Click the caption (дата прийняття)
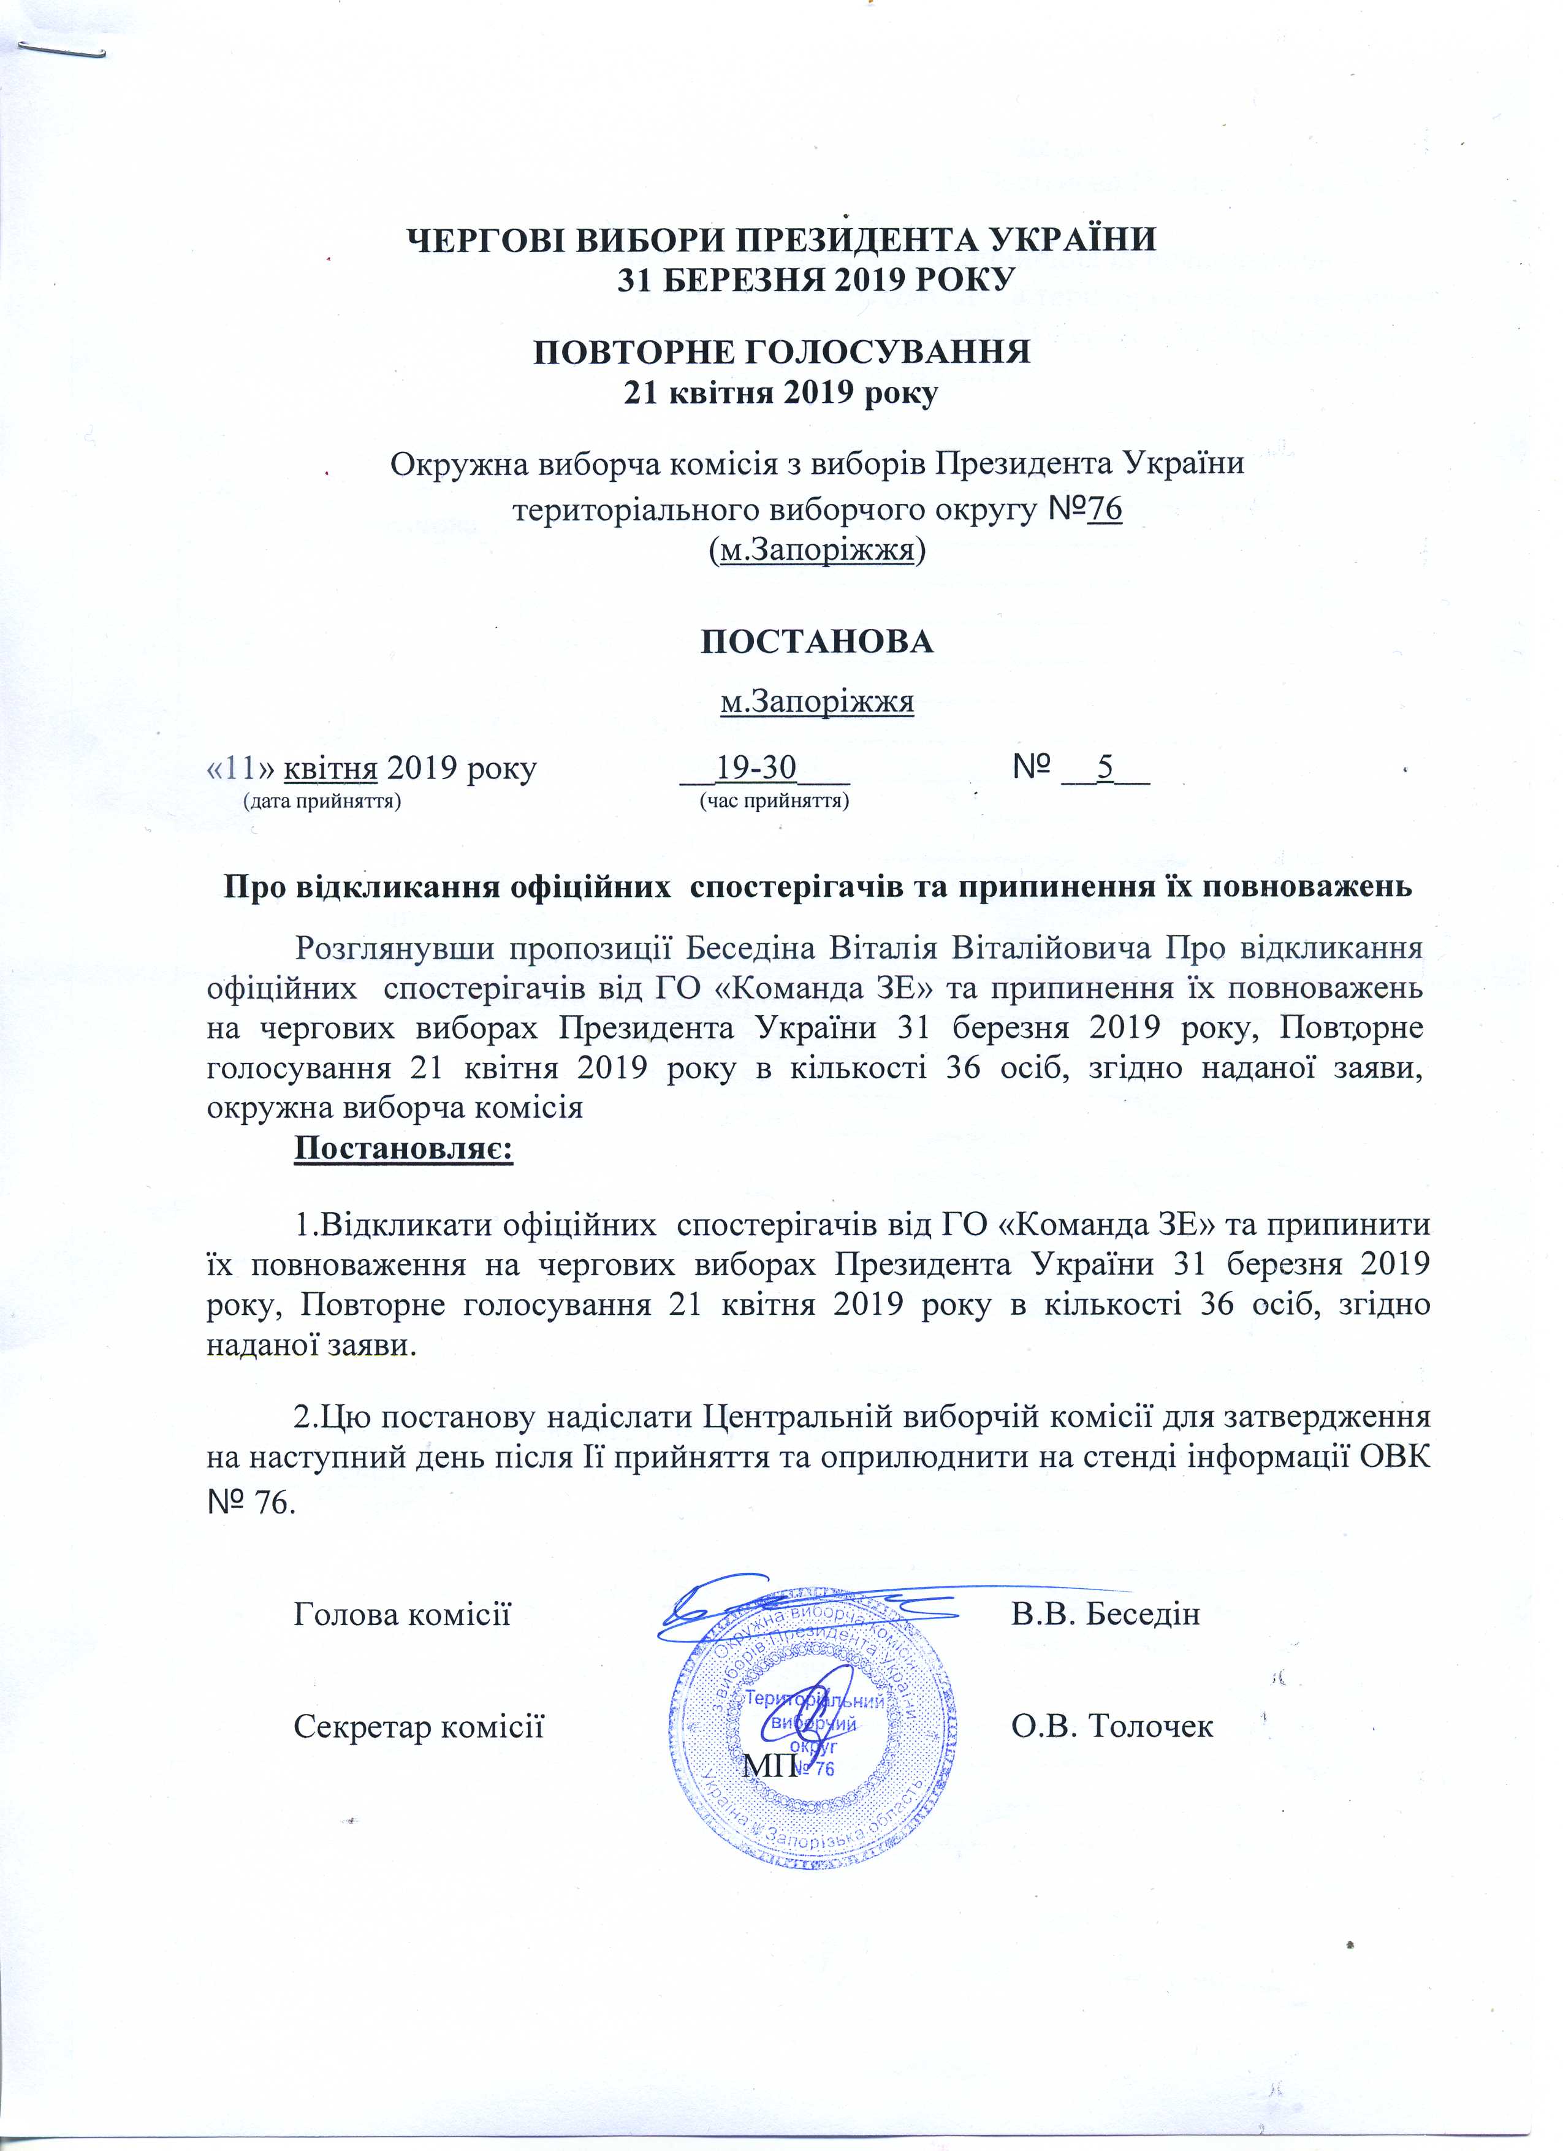(322, 801)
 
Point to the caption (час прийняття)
(773, 801)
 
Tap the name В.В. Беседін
(1105, 1613)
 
